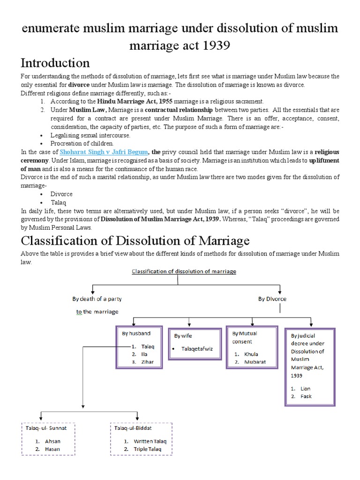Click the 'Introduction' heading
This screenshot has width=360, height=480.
click(x=55, y=63)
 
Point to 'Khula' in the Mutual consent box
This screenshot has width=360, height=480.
click(x=251, y=354)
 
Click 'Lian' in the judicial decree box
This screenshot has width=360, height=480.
click(x=305, y=389)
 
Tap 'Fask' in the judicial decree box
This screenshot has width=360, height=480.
click(x=305, y=397)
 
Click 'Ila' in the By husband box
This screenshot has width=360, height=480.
click(x=138, y=354)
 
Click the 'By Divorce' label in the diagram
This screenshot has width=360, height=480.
click(x=272, y=299)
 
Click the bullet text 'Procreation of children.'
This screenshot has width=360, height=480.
click(x=82, y=143)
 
